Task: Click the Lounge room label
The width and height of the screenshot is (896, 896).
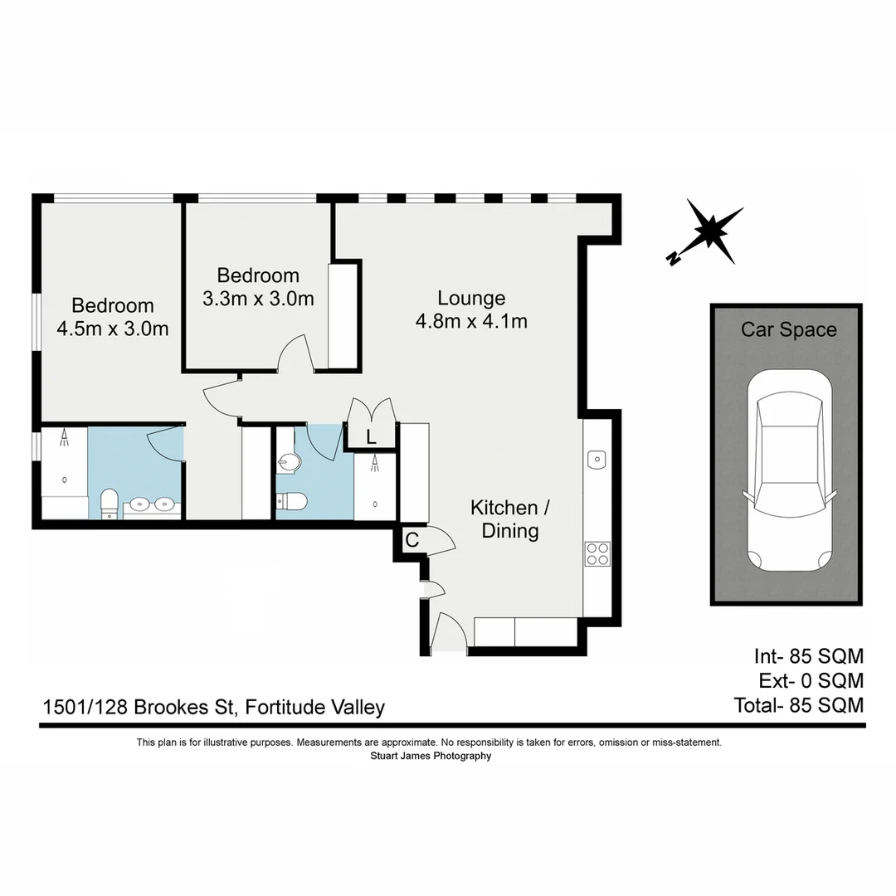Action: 471,298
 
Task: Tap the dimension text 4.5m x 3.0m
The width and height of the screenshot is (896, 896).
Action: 113,329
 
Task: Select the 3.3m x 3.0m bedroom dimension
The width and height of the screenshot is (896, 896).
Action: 258,299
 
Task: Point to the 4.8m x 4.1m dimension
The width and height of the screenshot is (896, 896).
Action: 471,321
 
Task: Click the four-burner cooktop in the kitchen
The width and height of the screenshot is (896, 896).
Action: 597,553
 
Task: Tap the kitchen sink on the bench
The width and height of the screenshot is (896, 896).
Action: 597,459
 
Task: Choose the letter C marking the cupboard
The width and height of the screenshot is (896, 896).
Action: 411,540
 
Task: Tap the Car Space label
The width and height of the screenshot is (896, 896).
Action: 788,329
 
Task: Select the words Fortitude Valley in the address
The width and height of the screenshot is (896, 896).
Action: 316,708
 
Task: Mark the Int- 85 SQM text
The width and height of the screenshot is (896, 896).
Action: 808,656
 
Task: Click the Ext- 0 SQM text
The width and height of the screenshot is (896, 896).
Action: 811,681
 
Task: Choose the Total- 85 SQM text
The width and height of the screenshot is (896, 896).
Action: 798,705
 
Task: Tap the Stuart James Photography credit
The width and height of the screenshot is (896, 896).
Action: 430,756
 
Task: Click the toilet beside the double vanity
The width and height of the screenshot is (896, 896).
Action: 110,504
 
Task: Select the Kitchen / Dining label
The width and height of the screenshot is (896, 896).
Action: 509,519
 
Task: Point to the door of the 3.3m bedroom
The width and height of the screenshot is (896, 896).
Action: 295,353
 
